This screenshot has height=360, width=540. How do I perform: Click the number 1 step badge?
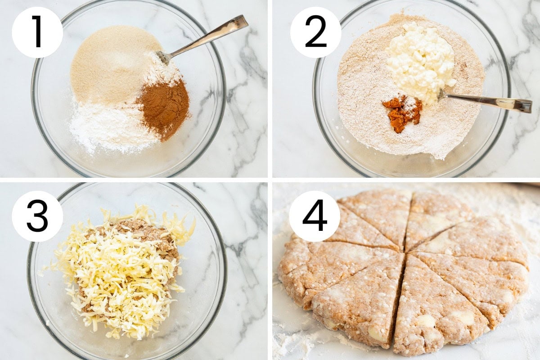(x=37, y=32)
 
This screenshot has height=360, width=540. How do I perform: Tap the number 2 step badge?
(x=315, y=32)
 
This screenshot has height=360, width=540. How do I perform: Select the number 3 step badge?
(x=37, y=216)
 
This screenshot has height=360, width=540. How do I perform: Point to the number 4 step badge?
(x=315, y=216)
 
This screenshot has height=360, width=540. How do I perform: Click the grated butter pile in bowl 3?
(x=121, y=272)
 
